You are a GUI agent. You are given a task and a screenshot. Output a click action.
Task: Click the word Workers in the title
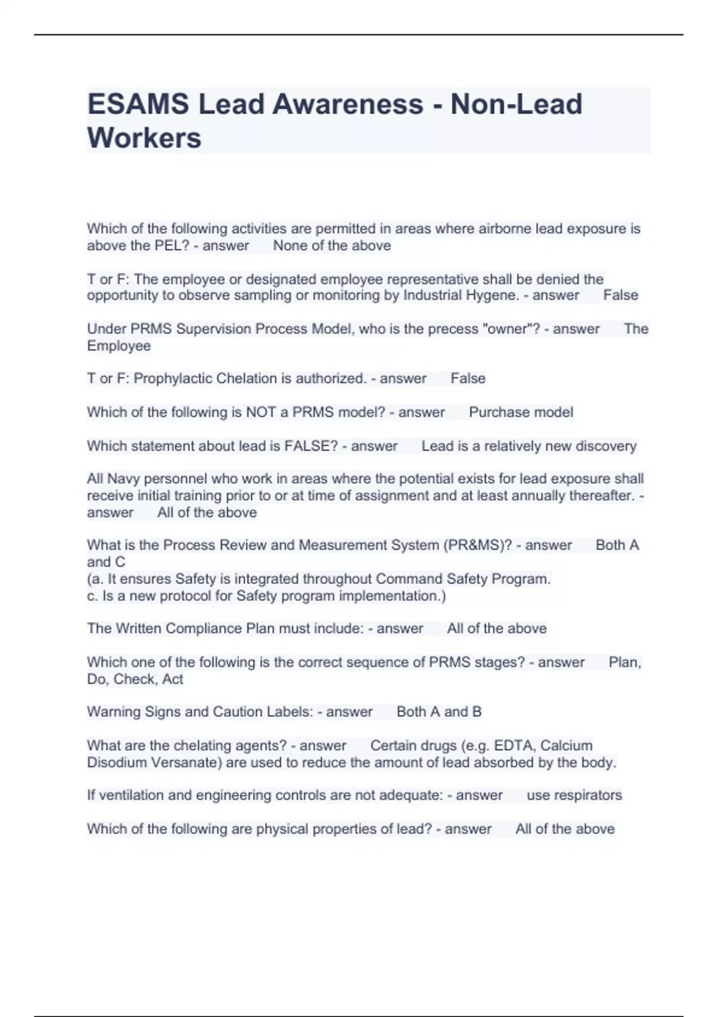(x=144, y=138)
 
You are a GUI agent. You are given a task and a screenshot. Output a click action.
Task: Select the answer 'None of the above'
(x=332, y=246)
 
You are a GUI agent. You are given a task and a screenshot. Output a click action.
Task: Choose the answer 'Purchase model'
(x=521, y=412)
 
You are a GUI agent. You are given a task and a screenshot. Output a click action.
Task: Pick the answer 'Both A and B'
(x=439, y=712)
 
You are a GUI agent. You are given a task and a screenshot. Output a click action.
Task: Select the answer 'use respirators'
(x=574, y=796)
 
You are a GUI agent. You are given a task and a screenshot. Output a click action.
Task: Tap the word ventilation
(x=132, y=796)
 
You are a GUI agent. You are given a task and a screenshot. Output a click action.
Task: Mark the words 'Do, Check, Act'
(x=135, y=680)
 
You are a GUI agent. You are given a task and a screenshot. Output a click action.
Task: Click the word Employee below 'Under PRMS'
(x=118, y=346)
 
